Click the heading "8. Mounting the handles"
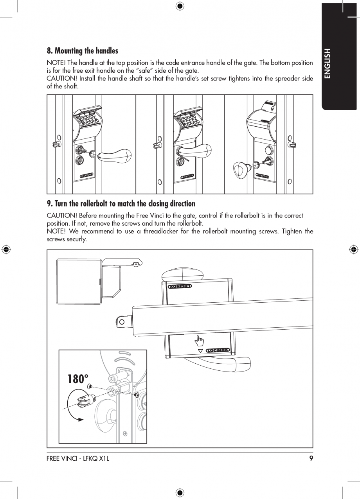[x=82, y=51]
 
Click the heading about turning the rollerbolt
[x=121, y=204]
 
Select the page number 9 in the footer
[x=311, y=459]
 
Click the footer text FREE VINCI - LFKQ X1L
[x=78, y=459]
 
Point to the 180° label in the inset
[x=78, y=379]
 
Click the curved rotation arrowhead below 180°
[x=81, y=420]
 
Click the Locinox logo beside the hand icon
[x=218, y=350]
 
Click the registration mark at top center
[x=180, y=5]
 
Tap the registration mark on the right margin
[x=353, y=249]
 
